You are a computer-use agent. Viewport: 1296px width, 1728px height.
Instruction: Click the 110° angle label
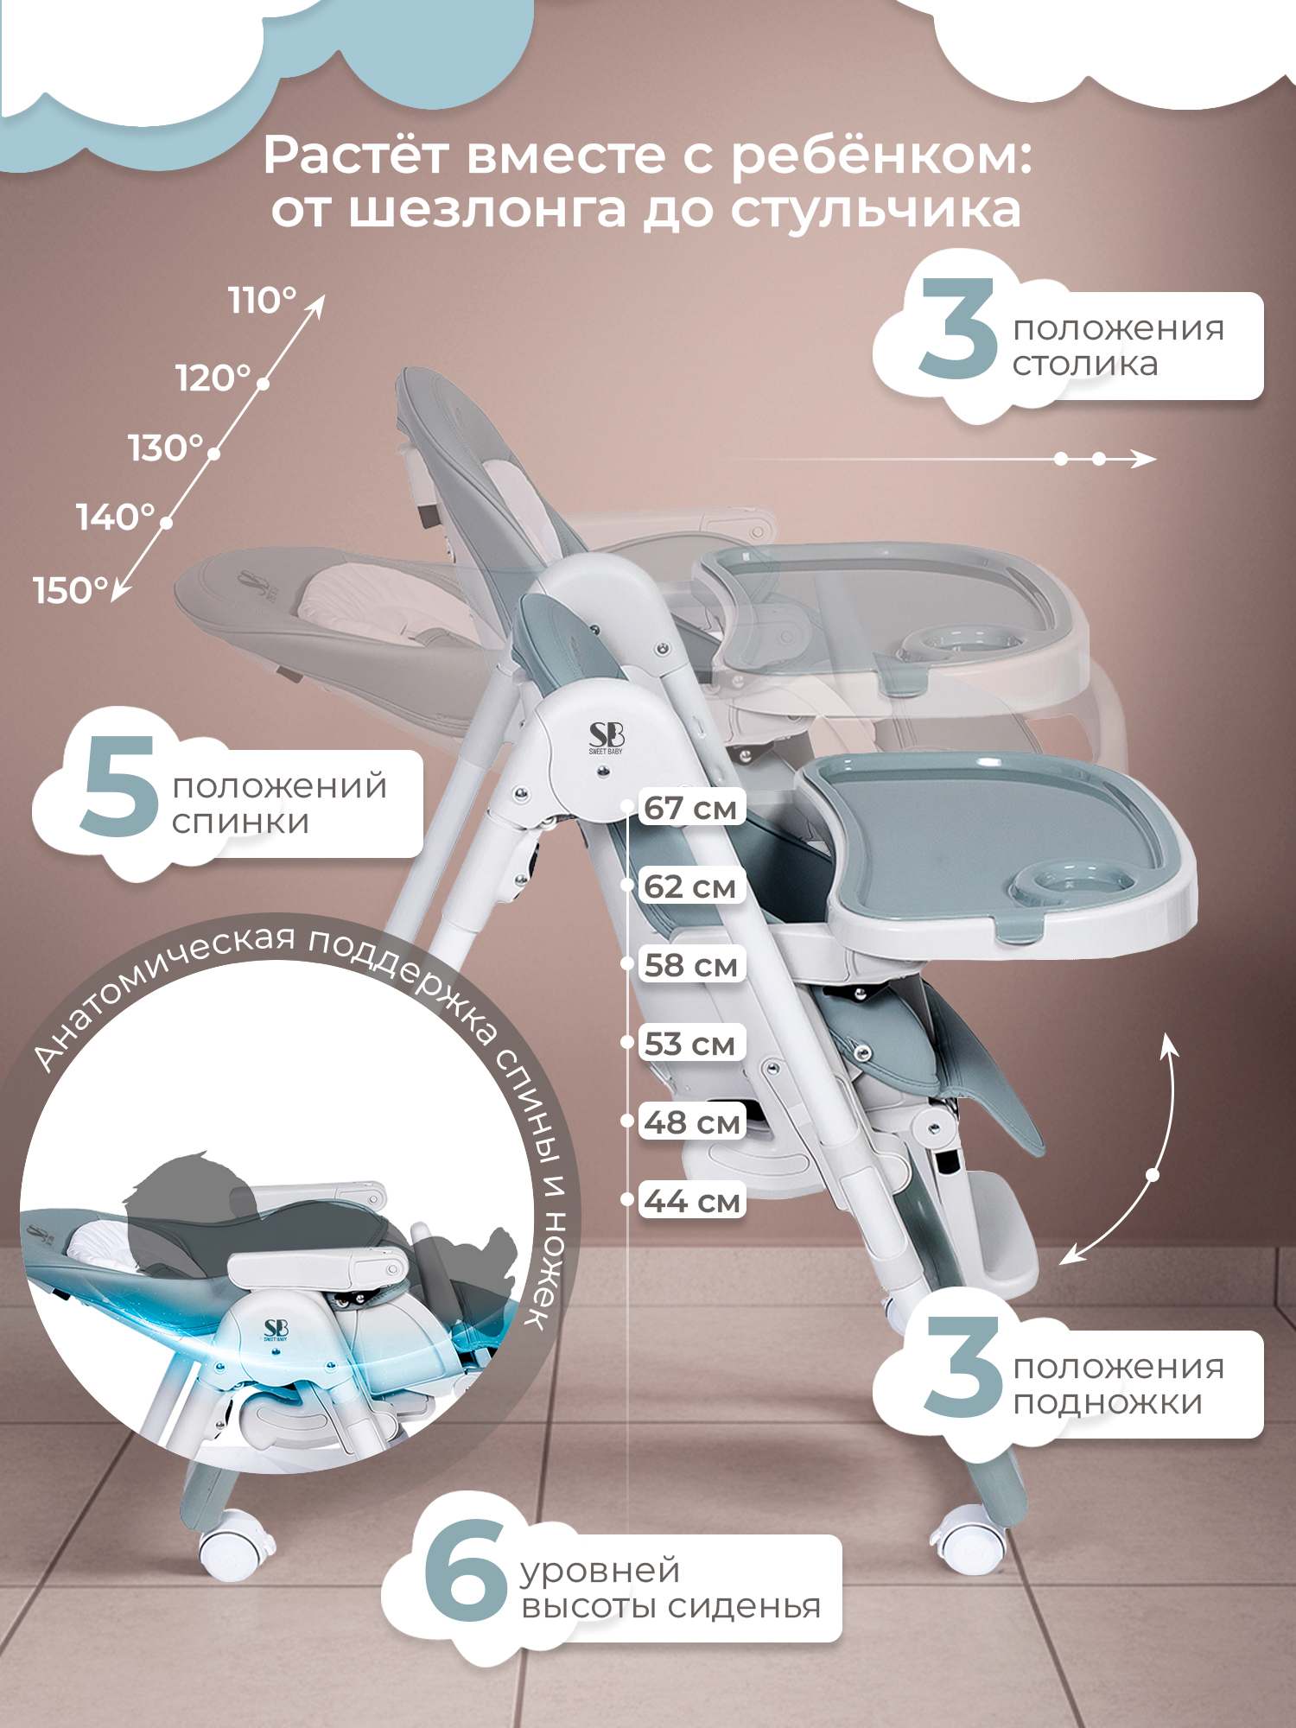pos(262,301)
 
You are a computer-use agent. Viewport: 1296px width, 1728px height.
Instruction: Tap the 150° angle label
pos(71,591)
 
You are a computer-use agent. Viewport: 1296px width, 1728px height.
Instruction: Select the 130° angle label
pos(166,448)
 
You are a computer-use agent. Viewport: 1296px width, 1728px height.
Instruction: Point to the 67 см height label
pos(691,808)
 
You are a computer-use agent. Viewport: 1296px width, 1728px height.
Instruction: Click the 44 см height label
pos(691,1201)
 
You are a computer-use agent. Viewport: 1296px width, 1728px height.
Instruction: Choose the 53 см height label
pos(691,1044)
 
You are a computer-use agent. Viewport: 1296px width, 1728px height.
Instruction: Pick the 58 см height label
pos(691,965)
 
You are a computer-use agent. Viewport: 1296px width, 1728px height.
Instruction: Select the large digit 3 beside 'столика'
pos(958,328)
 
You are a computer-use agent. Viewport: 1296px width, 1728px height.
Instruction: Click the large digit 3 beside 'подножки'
pos(962,1367)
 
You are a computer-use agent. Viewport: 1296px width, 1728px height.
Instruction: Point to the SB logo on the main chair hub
pos(607,737)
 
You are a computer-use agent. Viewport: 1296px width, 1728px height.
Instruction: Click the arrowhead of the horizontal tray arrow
pos(1145,459)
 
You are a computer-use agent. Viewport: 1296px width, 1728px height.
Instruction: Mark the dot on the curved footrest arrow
pos(1153,1175)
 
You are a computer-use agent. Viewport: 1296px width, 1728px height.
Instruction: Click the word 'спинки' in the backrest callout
pos(240,823)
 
